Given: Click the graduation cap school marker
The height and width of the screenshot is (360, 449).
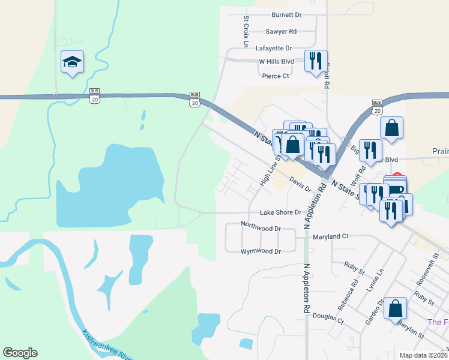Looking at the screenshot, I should (x=72, y=62).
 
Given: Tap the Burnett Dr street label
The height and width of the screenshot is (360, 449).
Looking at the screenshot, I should (x=286, y=14).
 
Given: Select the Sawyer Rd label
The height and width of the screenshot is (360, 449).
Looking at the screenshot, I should (x=281, y=31).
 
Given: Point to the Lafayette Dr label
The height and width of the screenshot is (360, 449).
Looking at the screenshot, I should (x=273, y=48).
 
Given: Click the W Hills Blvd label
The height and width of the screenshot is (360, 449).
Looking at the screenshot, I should (x=276, y=61).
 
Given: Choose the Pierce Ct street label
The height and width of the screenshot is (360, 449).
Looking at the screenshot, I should (x=276, y=76).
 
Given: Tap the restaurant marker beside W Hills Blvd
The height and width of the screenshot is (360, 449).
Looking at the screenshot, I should (x=316, y=61).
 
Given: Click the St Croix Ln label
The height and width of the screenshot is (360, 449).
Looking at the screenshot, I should (x=246, y=31).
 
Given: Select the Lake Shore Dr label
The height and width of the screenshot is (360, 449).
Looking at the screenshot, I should (x=280, y=212).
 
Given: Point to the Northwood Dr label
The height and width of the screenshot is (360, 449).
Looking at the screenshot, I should (x=261, y=229).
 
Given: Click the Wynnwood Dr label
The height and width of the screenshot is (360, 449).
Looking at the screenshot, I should (x=261, y=251).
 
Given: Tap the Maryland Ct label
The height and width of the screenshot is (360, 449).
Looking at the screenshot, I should (x=330, y=236).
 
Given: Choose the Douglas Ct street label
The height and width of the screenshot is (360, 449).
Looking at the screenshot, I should (x=328, y=316).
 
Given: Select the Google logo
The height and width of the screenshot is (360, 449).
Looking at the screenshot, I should (x=20, y=353).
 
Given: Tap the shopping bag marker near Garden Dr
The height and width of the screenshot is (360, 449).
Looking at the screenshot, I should (x=396, y=309).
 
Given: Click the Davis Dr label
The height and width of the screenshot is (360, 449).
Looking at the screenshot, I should (x=300, y=184).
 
